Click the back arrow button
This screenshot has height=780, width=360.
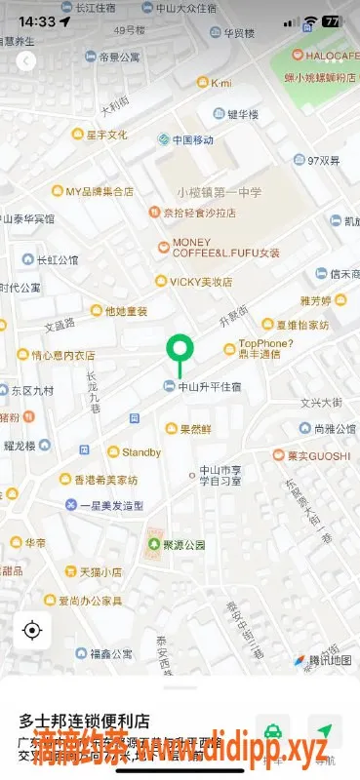(26, 61)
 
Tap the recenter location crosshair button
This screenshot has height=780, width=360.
(32, 630)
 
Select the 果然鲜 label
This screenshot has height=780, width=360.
(195, 428)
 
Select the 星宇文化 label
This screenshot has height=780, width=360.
(106, 135)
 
